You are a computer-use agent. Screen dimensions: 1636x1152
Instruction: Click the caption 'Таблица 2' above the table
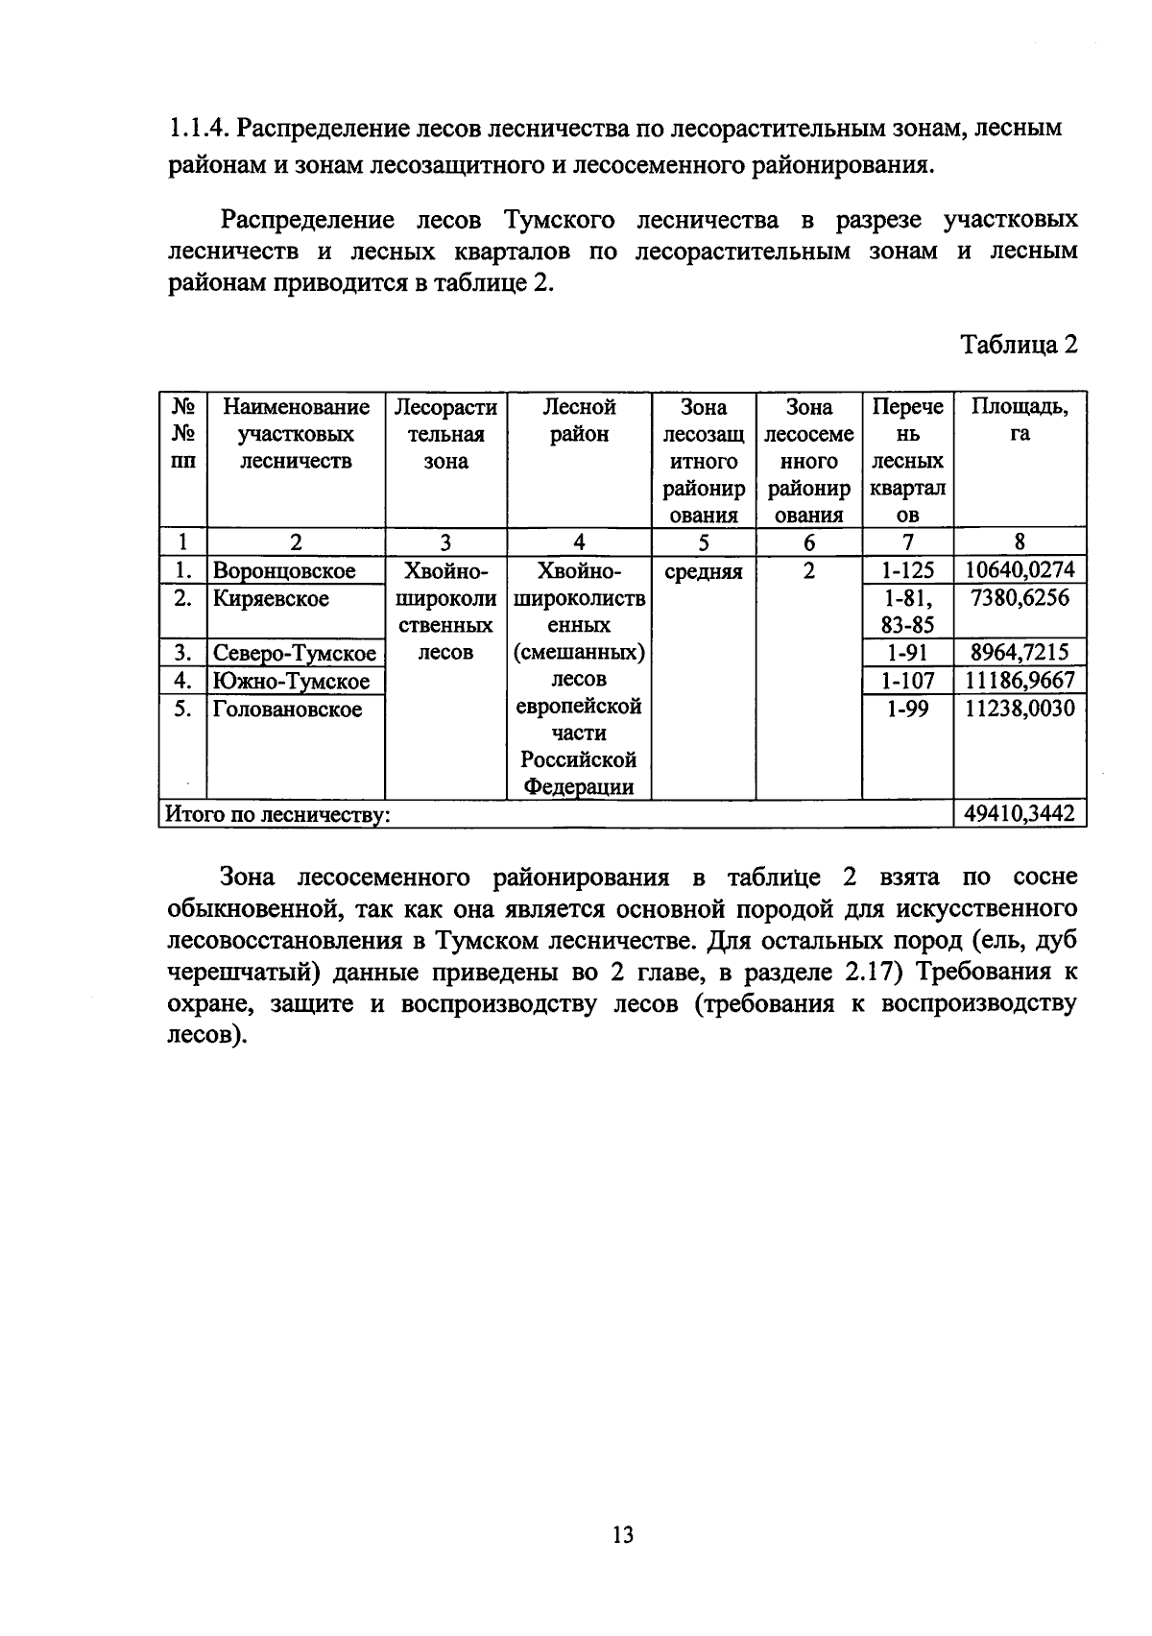pyautogui.click(x=1020, y=345)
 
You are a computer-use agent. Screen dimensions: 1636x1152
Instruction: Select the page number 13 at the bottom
pyautogui.click(x=622, y=1534)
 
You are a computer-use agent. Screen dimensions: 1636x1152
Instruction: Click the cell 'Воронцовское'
pyautogui.click(x=284, y=571)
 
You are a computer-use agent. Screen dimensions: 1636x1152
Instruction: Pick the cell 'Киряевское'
pyautogui.click(x=271, y=599)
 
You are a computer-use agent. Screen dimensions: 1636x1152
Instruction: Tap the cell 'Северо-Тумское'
pyautogui.click(x=295, y=654)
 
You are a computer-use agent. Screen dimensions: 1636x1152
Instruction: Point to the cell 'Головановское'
pyautogui.click(x=288, y=710)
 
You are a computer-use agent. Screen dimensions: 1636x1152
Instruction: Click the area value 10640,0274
pyautogui.click(x=1020, y=571)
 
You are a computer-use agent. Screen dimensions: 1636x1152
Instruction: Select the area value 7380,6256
pyautogui.click(x=1020, y=599)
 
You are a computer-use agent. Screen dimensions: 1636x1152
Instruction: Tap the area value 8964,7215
pyautogui.click(x=1020, y=654)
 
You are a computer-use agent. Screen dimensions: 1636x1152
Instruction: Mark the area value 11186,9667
pyautogui.click(x=1020, y=682)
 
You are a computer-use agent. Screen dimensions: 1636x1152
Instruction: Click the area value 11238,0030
pyautogui.click(x=1020, y=710)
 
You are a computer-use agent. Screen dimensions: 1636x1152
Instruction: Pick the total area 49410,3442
pyautogui.click(x=1020, y=815)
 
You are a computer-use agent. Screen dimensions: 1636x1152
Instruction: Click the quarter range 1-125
pyautogui.click(x=907, y=571)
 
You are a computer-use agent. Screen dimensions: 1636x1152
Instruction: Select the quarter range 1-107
pyautogui.click(x=907, y=682)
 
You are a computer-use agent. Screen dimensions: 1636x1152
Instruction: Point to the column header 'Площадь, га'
pyautogui.click(x=1020, y=421)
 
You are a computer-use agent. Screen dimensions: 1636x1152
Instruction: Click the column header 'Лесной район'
pyautogui.click(x=579, y=421)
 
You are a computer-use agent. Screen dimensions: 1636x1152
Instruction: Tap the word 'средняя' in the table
pyautogui.click(x=704, y=572)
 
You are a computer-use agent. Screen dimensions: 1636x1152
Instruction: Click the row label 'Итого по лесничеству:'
pyautogui.click(x=278, y=816)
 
